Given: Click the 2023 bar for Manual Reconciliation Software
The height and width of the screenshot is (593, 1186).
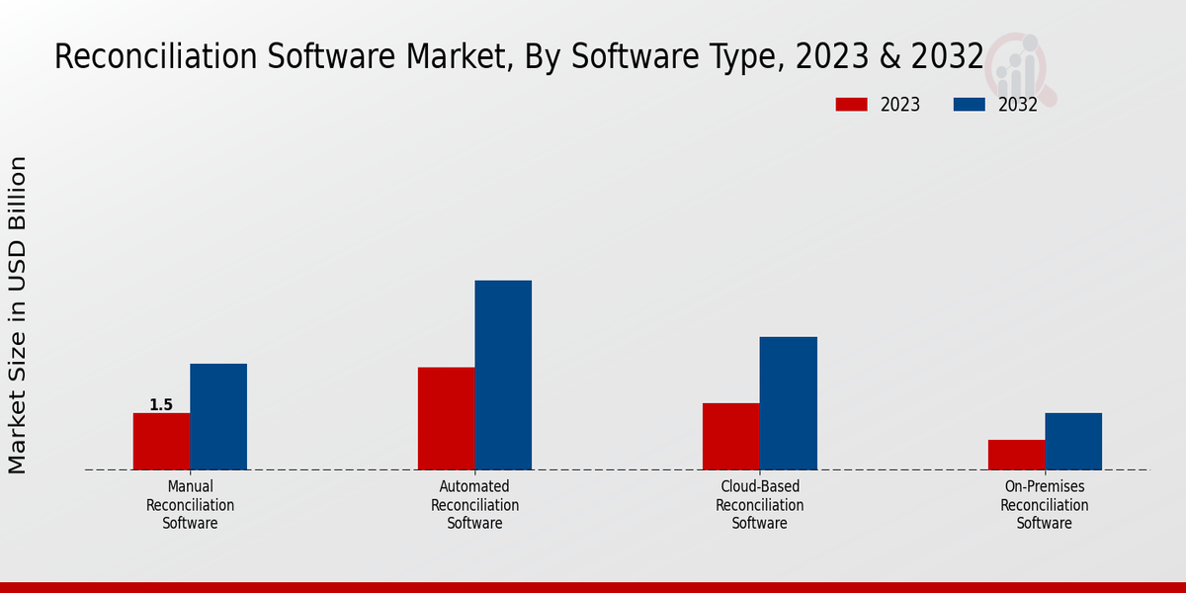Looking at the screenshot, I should (161, 441).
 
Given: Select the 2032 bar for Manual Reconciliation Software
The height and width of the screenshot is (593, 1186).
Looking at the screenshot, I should (218, 416).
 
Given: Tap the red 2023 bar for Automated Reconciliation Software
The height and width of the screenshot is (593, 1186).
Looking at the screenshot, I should (446, 418).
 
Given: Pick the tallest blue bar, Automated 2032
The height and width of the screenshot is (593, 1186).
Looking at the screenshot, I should (503, 375).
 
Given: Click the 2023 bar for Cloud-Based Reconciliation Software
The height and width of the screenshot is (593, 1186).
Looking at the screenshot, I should (731, 436).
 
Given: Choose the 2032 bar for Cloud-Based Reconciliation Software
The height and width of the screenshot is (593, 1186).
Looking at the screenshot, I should (789, 403).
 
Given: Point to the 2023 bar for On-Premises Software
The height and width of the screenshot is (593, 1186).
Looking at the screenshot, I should (1016, 455).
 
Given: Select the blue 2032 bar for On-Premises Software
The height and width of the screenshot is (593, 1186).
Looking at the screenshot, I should (1073, 441).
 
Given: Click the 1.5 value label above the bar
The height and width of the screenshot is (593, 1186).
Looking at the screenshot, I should (161, 405).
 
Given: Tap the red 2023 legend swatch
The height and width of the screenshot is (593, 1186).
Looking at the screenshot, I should (851, 105).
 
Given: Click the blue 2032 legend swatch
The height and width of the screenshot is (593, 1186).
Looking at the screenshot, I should (969, 105).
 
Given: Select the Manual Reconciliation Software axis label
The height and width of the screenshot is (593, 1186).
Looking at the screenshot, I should (190, 505).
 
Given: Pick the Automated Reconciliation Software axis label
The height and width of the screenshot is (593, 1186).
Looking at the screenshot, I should (474, 505).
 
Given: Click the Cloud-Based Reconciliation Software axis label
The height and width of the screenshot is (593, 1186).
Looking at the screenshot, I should (759, 505).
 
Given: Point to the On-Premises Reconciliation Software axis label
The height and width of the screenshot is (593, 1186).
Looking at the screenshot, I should (1045, 505).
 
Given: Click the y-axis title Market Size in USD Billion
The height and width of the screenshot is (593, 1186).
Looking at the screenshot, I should (18, 314).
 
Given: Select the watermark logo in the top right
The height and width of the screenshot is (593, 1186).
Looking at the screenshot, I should (1020, 67).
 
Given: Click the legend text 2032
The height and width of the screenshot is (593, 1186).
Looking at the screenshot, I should (1017, 105).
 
